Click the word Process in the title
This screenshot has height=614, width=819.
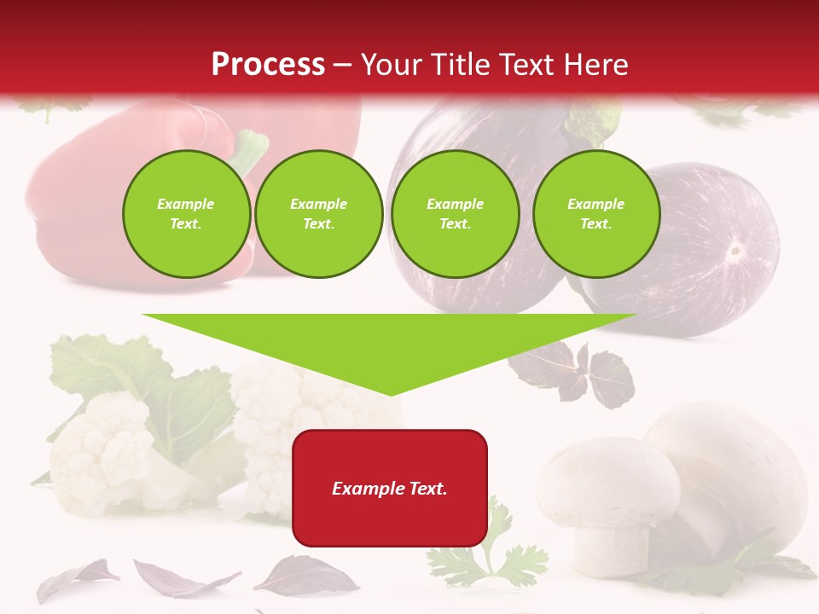point(268,65)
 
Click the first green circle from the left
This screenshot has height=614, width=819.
point(186,214)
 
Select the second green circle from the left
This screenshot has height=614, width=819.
point(318,214)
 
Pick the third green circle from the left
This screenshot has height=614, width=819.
point(455,214)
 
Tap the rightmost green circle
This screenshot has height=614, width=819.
point(595,214)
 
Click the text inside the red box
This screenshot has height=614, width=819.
point(389,489)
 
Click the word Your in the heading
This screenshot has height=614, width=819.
point(388,65)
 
